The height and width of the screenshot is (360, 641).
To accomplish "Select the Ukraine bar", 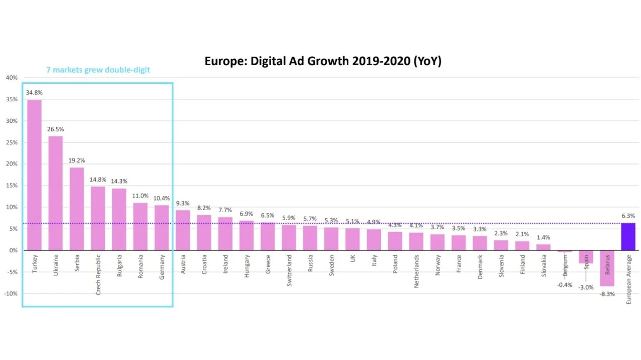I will tap(56, 193).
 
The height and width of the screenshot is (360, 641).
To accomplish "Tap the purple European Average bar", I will tap(628, 237).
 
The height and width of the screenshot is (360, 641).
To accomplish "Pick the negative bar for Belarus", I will tap(607, 268).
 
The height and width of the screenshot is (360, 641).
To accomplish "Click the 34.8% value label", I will tap(34, 93).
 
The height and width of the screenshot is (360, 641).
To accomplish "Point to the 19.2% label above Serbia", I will tap(77, 160).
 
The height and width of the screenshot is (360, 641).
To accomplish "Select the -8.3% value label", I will tap(607, 294).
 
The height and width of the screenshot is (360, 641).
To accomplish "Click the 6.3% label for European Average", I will tap(628, 216).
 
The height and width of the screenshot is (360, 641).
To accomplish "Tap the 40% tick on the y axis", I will tap(12, 78).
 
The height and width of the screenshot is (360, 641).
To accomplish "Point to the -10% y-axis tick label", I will tap(11, 293).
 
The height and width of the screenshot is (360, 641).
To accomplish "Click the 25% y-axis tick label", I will tap(12, 142).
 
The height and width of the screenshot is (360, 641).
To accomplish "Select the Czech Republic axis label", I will tap(98, 274).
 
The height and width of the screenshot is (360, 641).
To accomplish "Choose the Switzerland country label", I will tap(289, 270).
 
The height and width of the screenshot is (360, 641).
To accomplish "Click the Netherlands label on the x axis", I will tap(416, 271).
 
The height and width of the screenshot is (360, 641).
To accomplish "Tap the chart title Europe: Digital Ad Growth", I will tap(323, 61).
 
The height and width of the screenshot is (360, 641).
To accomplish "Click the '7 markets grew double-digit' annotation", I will tap(98, 70).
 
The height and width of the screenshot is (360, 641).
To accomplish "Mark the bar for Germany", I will tap(161, 228).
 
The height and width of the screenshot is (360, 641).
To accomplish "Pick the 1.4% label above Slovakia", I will tap(543, 238).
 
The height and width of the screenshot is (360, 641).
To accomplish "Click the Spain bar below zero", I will tap(586, 257).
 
